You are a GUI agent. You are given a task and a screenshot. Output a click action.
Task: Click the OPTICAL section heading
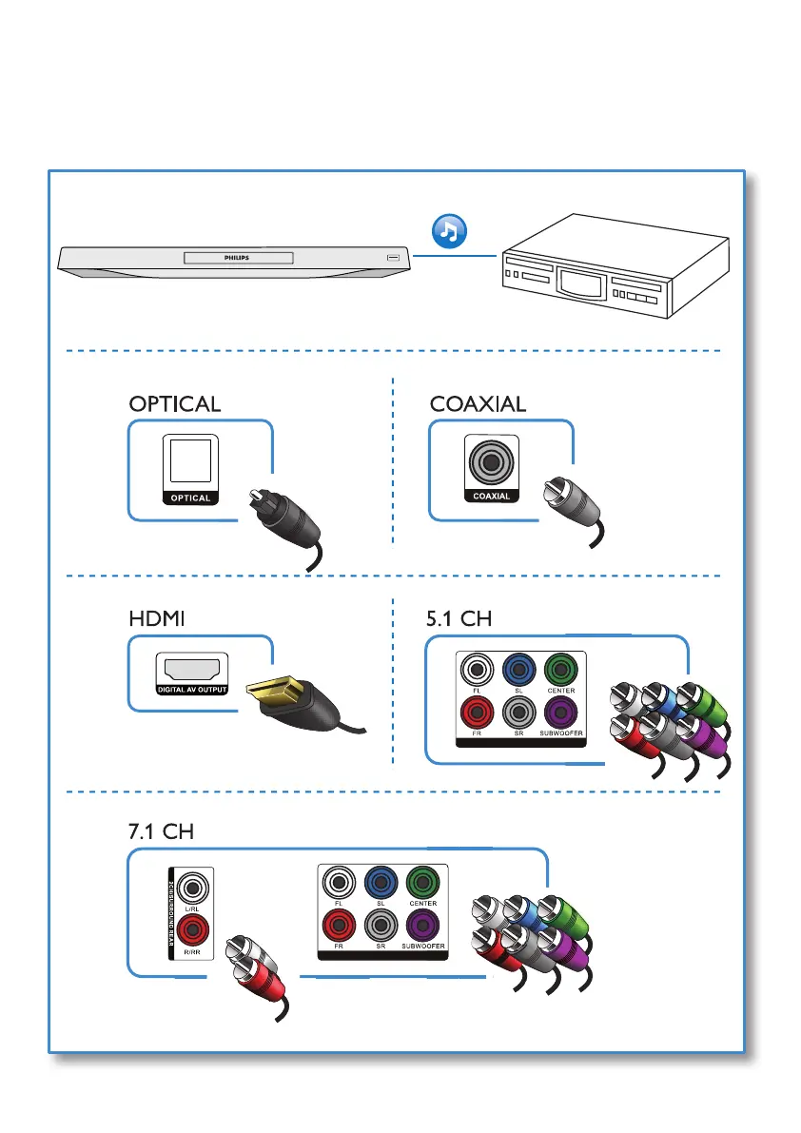click(x=175, y=403)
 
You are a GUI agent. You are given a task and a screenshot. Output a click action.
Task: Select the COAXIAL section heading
click(x=478, y=403)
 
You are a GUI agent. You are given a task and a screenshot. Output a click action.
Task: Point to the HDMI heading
click(x=155, y=618)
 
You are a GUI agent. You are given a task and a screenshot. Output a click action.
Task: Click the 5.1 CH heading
click(x=460, y=618)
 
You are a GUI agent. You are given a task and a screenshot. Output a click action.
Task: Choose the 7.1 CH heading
click(x=161, y=830)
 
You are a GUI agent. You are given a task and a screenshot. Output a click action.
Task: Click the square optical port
click(x=190, y=463)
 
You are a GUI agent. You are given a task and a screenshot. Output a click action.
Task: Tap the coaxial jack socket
click(x=491, y=463)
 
